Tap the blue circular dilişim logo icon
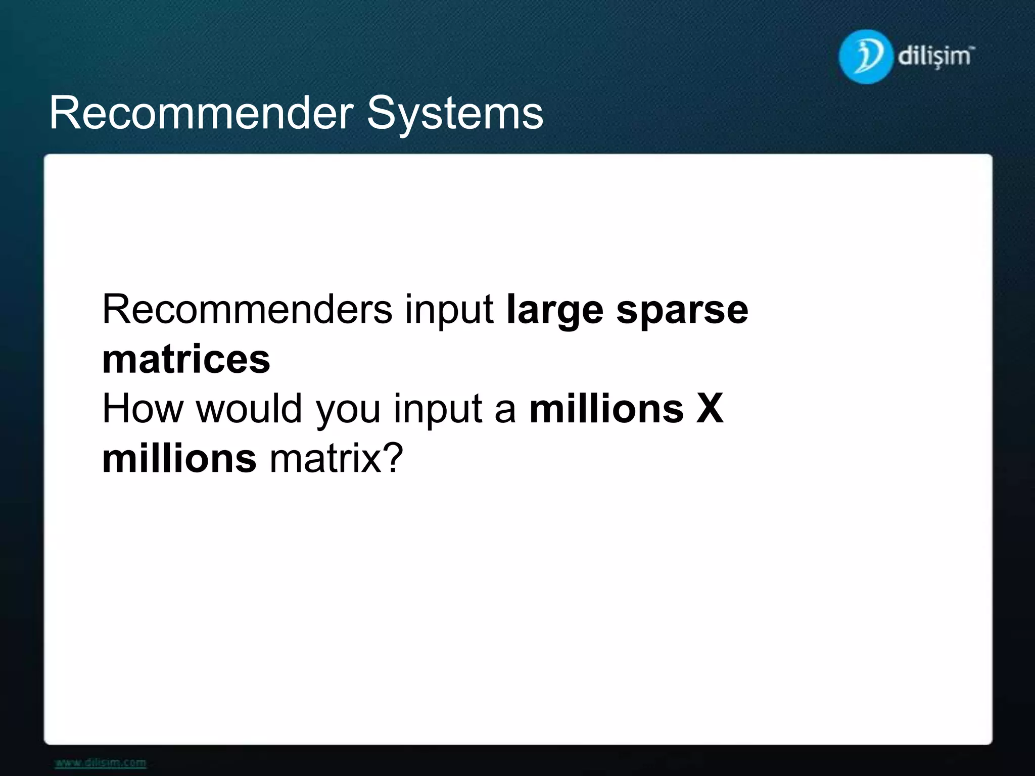(x=865, y=57)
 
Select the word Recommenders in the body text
(x=247, y=309)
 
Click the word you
(x=348, y=411)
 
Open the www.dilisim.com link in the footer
(x=101, y=762)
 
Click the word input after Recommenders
(x=449, y=311)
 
